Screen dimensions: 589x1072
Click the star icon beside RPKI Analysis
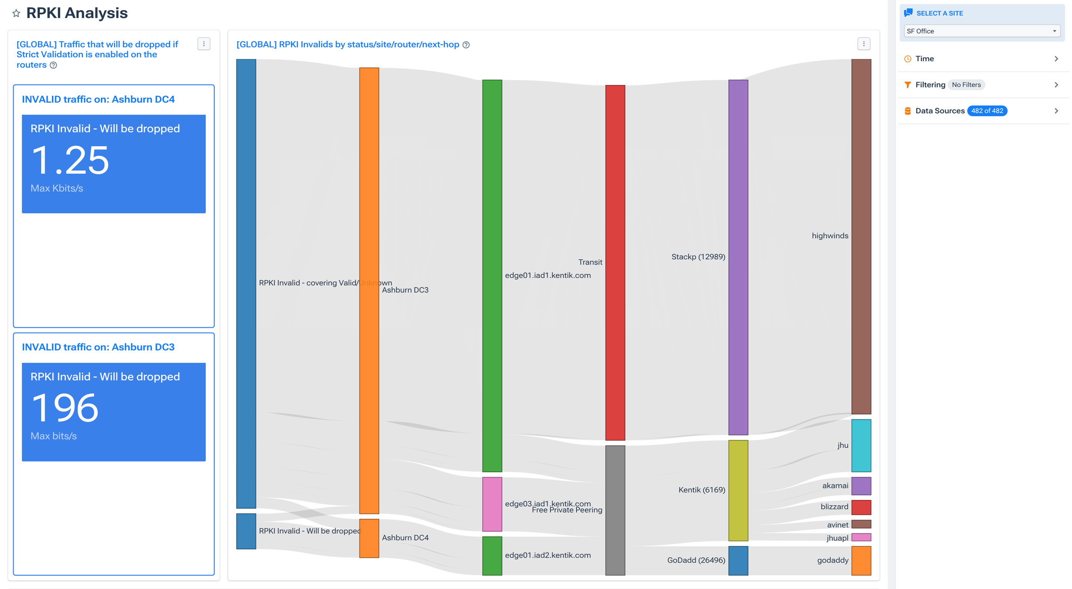click(16, 13)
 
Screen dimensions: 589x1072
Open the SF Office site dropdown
click(981, 31)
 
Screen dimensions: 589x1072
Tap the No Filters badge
click(966, 85)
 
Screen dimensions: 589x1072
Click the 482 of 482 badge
click(987, 111)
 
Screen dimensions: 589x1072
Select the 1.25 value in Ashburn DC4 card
click(70, 160)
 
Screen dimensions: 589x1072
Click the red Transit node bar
click(615, 262)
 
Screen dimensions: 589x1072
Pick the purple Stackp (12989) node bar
click(738, 257)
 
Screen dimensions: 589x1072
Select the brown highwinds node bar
click(861, 236)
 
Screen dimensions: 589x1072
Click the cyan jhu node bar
click(861, 445)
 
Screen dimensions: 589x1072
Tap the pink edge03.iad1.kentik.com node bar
click(492, 504)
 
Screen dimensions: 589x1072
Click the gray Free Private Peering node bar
click(615, 510)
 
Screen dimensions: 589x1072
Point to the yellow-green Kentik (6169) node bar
click(738, 490)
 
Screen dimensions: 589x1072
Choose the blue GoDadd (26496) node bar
click(738, 560)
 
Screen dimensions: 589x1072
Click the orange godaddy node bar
click(861, 560)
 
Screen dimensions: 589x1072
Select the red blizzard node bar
click(861, 507)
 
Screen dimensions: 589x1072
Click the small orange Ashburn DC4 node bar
click(369, 538)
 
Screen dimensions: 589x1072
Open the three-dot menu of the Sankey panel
click(863, 44)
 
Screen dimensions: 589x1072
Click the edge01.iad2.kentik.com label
click(548, 555)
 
